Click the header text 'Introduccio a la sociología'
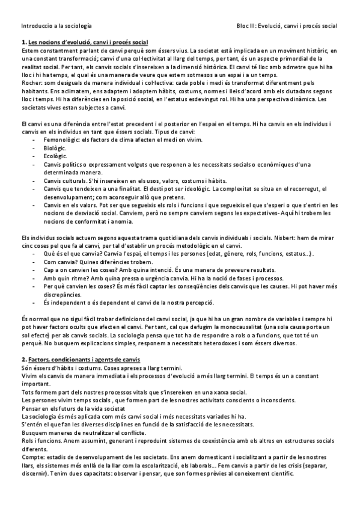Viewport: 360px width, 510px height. pos(56,26)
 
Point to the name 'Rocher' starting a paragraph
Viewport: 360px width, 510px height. pos(31,82)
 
